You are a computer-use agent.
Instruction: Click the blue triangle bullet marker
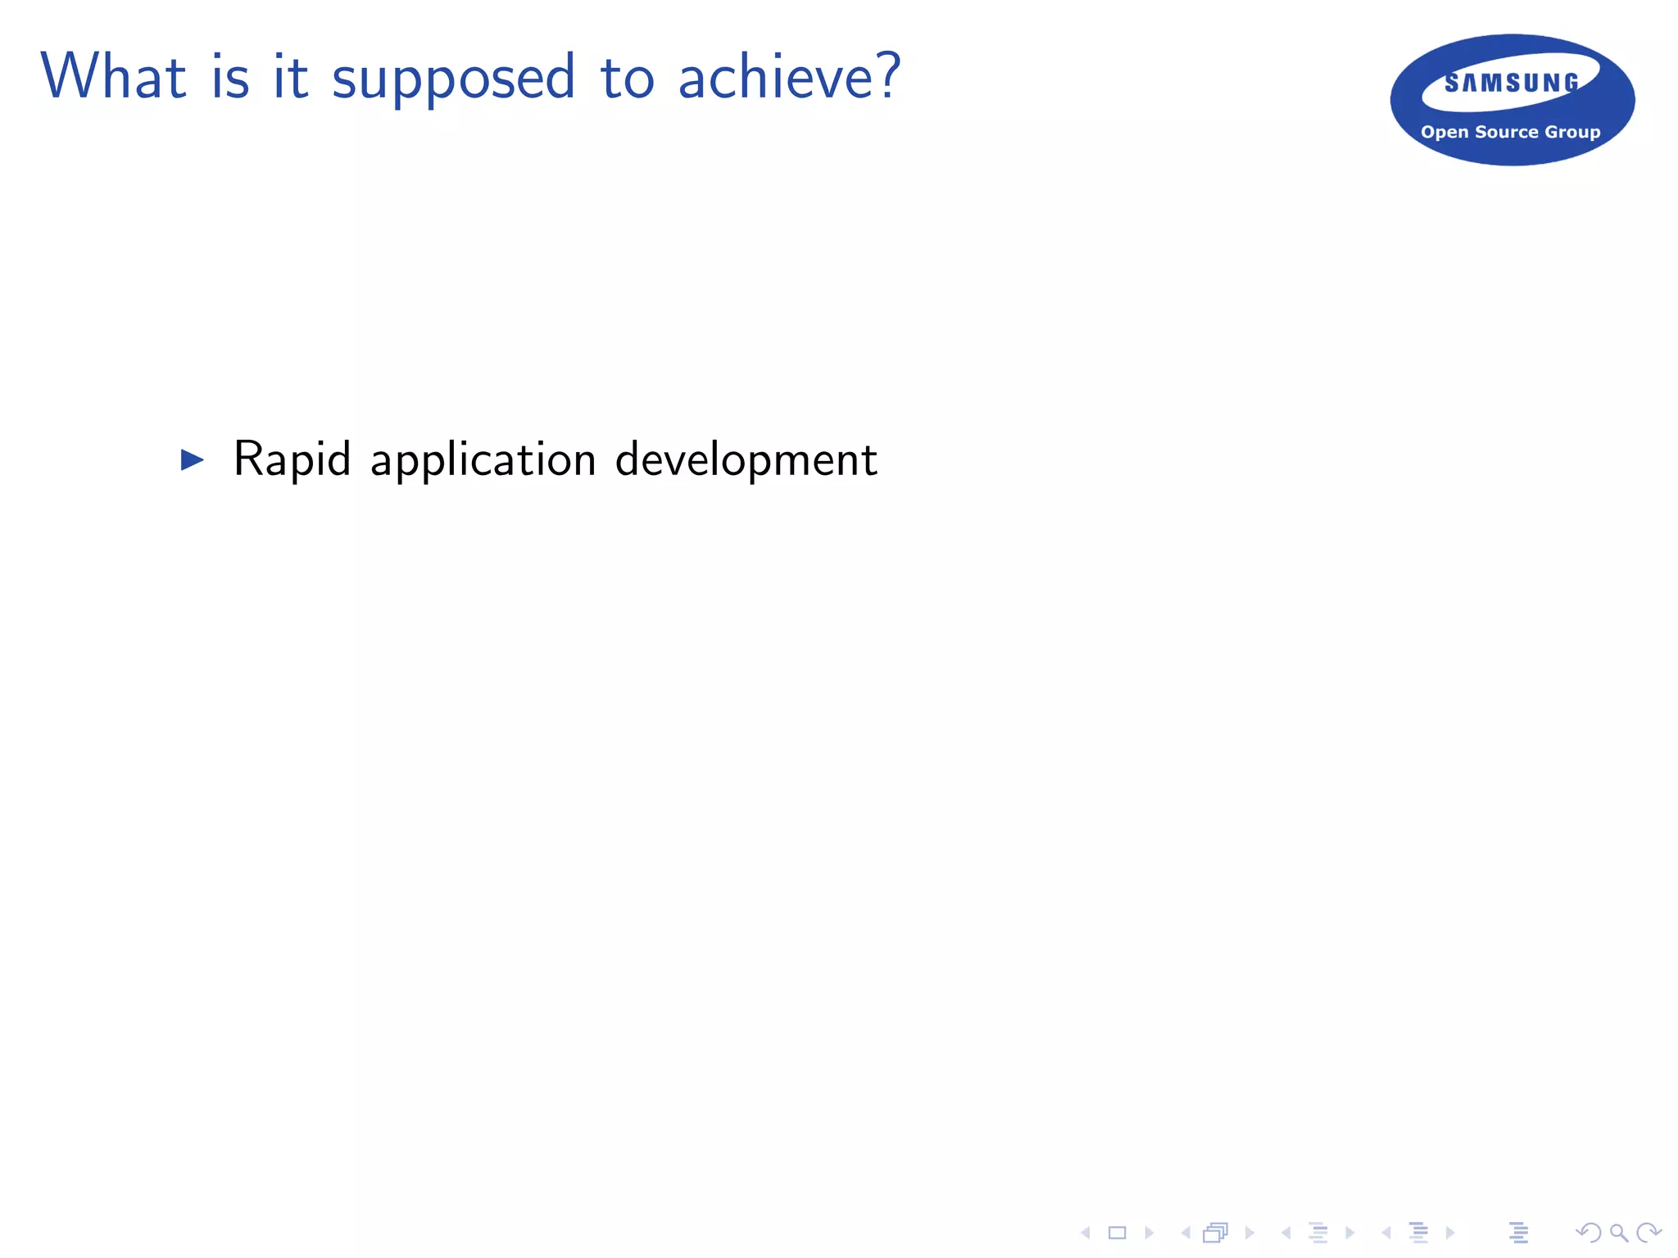(192, 459)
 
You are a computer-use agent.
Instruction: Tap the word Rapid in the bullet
(292, 459)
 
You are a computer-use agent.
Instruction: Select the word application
(483, 459)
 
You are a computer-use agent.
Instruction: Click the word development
(746, 459)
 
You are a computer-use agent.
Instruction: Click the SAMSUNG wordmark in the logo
(1511, 83)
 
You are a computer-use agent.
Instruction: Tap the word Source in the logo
(1506, 132)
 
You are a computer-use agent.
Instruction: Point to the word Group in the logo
(1571, 132)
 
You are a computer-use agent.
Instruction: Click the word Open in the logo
(1444, 132)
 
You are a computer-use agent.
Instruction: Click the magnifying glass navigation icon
(1618, 1233)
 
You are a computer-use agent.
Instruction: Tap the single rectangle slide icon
(1117, 1233)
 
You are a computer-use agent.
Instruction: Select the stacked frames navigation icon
(1216, 1233)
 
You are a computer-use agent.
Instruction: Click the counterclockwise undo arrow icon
(1588, 1233)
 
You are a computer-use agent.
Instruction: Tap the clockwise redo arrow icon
(1648, 1233)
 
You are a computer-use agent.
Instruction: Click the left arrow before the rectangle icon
(1086, 1233)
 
